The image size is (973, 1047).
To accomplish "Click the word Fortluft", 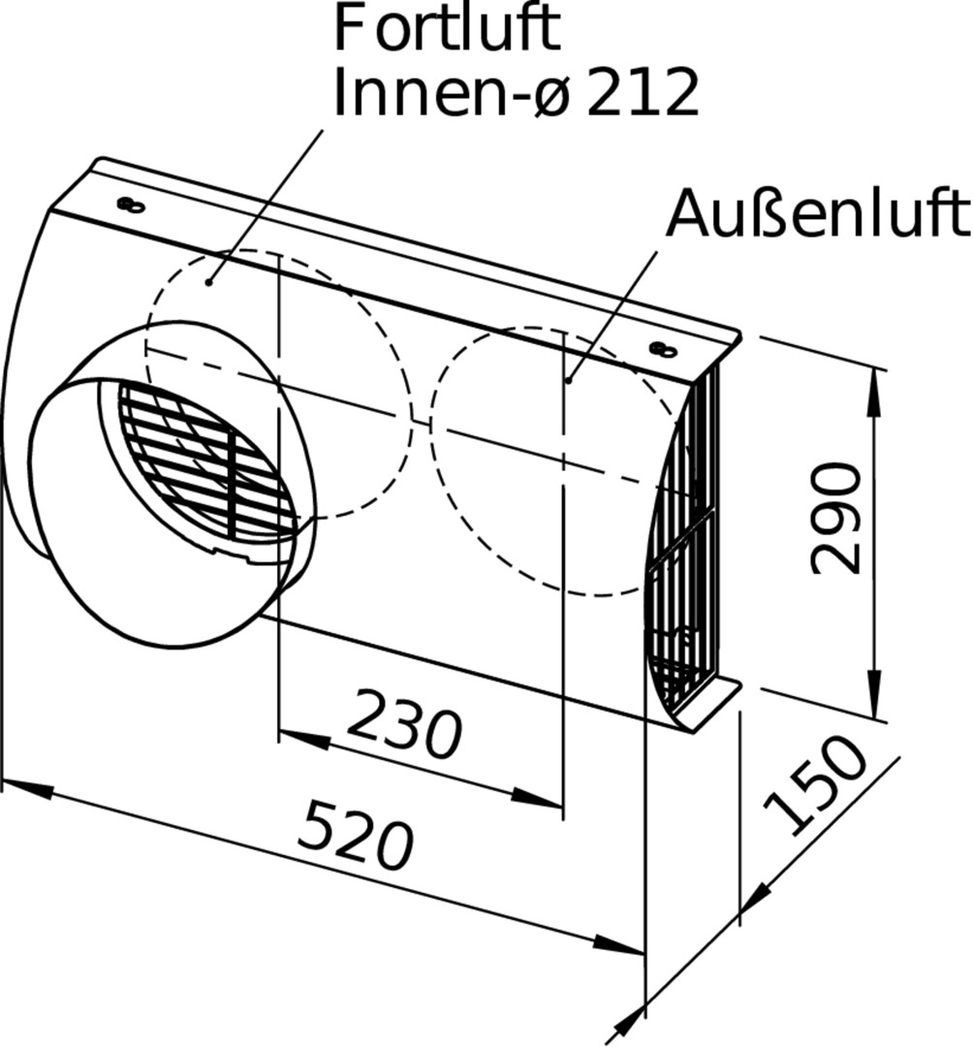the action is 447,28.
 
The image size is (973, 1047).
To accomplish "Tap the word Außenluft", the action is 818,212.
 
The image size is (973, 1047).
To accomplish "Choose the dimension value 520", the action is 355,835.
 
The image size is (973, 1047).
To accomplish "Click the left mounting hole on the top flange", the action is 131,205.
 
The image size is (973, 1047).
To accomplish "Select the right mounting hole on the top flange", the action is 663,349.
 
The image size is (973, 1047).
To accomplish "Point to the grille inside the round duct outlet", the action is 206,460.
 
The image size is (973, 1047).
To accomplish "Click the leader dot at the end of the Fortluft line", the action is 209,283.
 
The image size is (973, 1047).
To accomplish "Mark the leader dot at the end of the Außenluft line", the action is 568,381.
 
